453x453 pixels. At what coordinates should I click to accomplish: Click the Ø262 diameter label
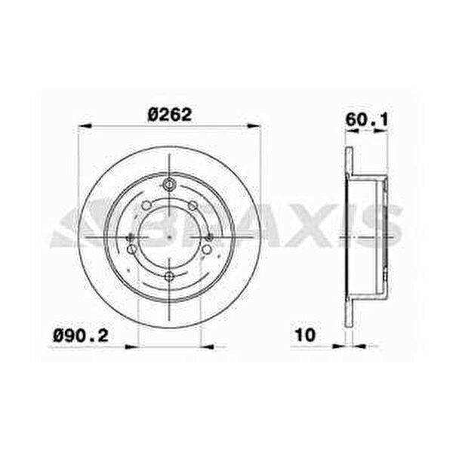(x=170, y=115)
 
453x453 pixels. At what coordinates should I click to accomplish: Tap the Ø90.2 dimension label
(x=81, y=336)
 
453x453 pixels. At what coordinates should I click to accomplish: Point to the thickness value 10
(x=305, y=335)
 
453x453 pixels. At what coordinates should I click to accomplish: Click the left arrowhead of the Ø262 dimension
(x=85, y=126)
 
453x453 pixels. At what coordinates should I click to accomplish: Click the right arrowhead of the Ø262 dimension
(x=254, y=126)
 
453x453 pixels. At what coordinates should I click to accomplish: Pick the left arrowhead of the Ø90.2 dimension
(x=131, y=347)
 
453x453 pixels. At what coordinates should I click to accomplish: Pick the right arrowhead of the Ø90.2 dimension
(x=208, y=347)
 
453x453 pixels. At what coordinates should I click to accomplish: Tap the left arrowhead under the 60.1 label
(x=353, y=131)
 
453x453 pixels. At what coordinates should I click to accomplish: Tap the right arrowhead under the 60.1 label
(x=381, y=131)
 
